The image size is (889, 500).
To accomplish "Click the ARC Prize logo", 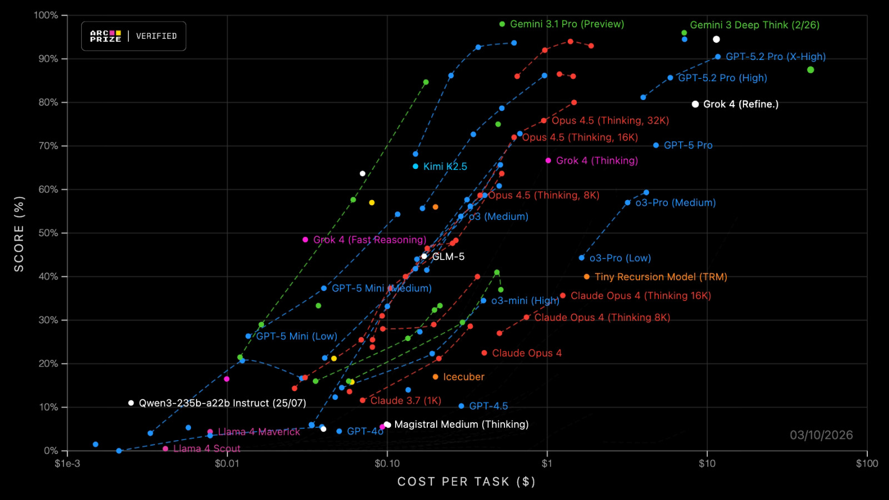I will pyautogui.click(x=106, y=36).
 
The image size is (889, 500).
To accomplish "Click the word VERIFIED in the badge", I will pyautogui.click(x=156, y=36).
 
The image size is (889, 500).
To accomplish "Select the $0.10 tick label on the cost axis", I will pyautogui.click(x=387, y=463).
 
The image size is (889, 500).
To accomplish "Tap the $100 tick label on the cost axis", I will pyautogui.click(x=867, y=463).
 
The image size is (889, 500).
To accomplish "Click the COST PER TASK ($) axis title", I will pyautogui.click(x=466, y=482).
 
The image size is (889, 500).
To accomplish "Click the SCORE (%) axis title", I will pyautogui.click(x=19, y=233).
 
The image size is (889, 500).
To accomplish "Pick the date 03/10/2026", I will pyautogui.click(x=821, y=435).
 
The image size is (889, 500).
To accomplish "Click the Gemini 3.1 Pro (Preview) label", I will pyautogui.click(x=567, y=24).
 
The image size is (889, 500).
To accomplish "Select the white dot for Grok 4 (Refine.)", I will pyautogui.click(x=695, y=104).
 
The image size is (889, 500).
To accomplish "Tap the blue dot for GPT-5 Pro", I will pyautogui.click(x=656, y=145).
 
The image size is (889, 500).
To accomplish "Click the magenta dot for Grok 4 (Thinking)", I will pyautogui.click(x=548, y=161).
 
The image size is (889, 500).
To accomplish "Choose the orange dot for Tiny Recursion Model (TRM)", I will pyautogui.click(x=587, y=277).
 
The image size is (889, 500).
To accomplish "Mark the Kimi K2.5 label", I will pyautogui.click(x=445, y=166).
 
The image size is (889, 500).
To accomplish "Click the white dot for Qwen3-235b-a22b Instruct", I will pyautogui.click(x=131, y=403).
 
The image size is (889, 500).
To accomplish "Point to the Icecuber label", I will pyautogui.click(x=463, y=377).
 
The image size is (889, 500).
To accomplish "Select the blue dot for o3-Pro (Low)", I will pyautogui.click(x=582, y=258).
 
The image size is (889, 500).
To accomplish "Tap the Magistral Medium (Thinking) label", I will pyautogui.click(x=461, y=424).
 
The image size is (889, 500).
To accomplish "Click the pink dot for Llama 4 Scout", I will pyautogui.click(x=166, y=448).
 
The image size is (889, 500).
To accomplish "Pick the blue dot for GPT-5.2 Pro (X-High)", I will pyautogui.click(x=718, y=57).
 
